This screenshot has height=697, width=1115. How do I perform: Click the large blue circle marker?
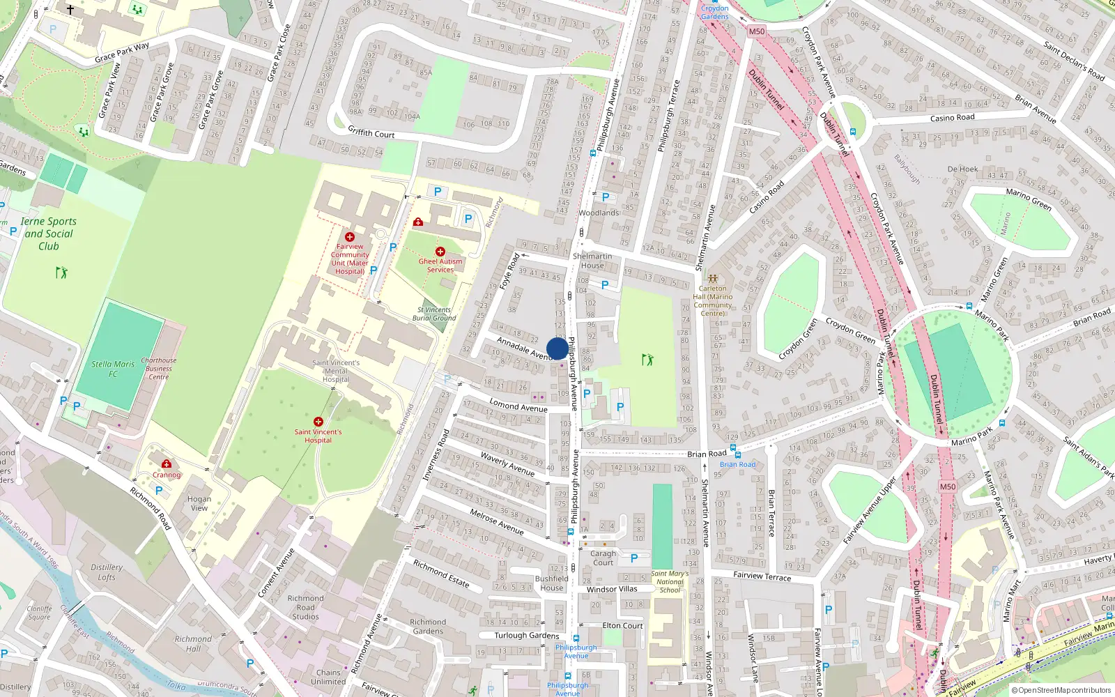[557, 348]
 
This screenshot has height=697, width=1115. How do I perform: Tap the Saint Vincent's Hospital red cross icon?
[318, 422]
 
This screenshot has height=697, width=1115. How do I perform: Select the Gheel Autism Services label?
[440, 266]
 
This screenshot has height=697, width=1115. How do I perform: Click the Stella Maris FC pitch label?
[113, 369]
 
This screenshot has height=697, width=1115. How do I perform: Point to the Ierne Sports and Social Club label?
[48, 233]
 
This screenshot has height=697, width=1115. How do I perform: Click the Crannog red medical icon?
[167, 464]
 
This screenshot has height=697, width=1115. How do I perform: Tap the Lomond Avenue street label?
[518, 406]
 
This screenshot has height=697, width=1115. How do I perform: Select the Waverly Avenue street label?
[507, 464]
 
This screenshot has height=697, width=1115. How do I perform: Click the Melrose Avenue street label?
[496, 521]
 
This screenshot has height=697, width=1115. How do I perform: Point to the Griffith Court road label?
[371, 132]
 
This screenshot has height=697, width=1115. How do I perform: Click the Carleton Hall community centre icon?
[712, 278]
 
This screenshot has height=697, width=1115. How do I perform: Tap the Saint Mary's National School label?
[670, 582]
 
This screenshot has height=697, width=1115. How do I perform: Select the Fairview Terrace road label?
[762, 576]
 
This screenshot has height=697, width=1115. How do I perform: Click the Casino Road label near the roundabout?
[952, 118]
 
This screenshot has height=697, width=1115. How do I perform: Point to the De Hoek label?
[962, 169]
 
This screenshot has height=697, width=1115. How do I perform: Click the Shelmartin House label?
[592, 261]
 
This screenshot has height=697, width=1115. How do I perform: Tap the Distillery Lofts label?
[107, 572]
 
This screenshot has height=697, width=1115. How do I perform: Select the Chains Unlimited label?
[328, 677]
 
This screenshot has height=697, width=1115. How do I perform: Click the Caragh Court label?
[603, 558]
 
